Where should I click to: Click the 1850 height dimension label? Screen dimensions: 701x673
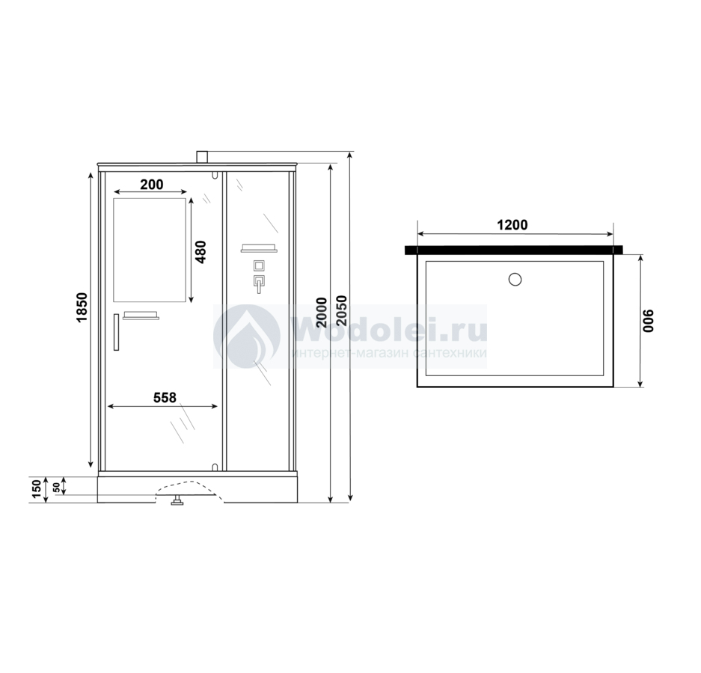point(82,307)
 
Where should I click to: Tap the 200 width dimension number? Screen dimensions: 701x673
point(152,185)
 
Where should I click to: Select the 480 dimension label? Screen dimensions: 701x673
point(200,252)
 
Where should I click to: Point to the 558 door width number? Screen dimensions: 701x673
point(165,397)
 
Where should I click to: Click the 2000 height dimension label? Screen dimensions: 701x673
point(322,313)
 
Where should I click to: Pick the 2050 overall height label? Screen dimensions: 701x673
point(341,310)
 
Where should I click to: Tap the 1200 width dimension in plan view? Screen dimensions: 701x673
point(512,225)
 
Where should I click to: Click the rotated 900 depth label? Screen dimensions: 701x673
point(648,321)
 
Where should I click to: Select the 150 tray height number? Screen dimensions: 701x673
point(37,489)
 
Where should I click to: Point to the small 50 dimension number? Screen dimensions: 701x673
point(56,488)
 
